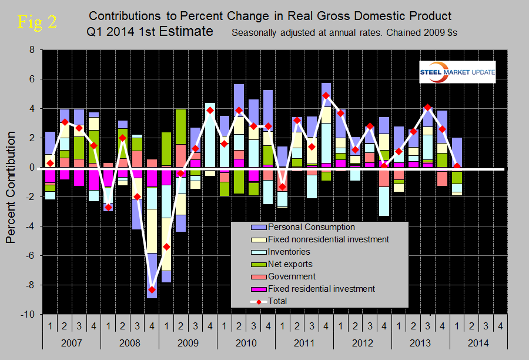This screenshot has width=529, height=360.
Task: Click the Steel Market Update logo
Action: [x=457, y=72]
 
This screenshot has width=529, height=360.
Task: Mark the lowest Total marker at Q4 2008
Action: [x=152, y=289]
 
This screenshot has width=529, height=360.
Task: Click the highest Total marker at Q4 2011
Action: [x=326, y=96]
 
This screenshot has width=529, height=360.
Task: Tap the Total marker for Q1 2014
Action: [x=457, y=166]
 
